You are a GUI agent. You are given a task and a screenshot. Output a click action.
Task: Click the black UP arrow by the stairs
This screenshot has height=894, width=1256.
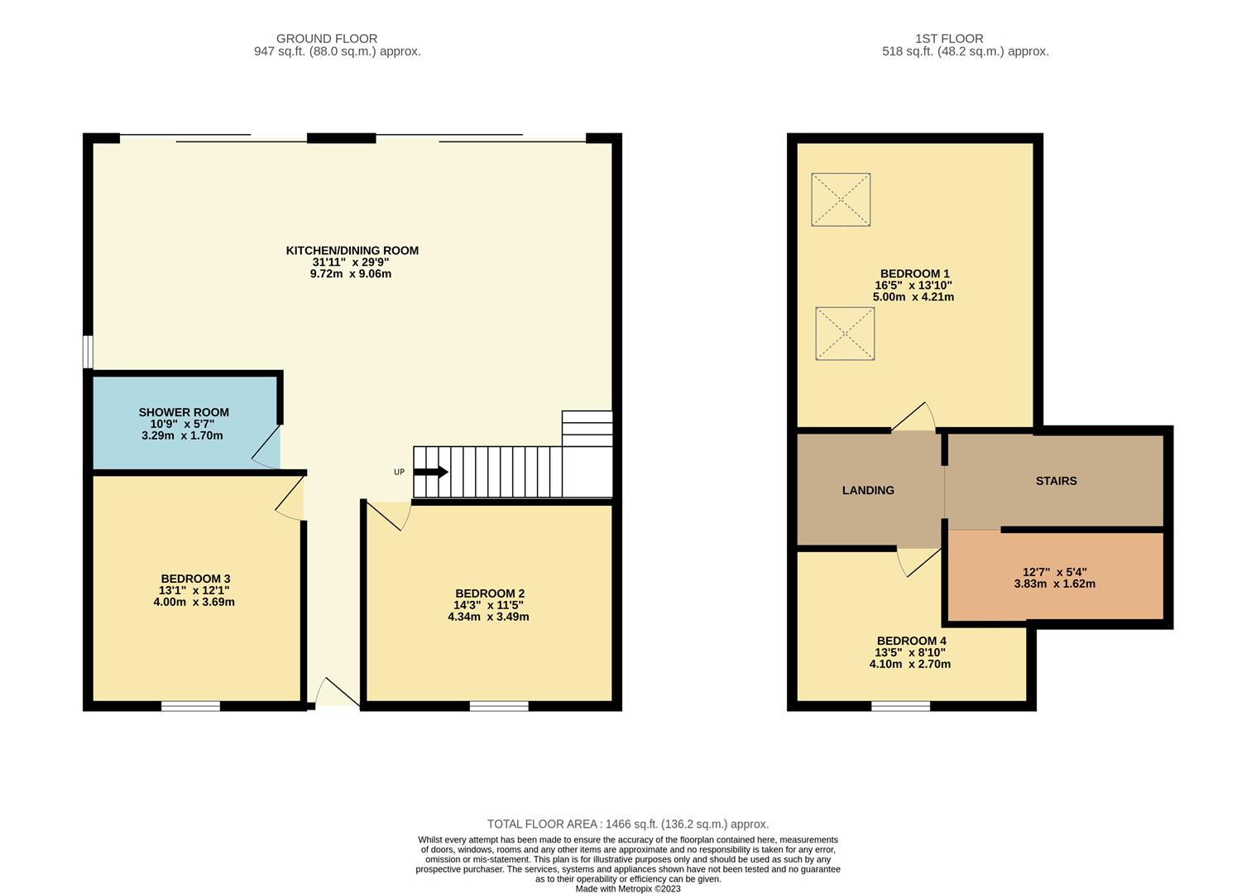pyautogui.click(x=431, y=472)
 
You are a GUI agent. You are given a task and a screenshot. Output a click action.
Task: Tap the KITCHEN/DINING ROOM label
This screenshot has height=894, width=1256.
pyautogui.click(x=352, y=251)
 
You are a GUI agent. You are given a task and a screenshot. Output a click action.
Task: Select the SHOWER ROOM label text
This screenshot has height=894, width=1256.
pyautogui.click(x=184, y=412)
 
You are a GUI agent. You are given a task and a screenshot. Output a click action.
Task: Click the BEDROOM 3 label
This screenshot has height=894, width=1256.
pyautogui.click(x=195, y=579)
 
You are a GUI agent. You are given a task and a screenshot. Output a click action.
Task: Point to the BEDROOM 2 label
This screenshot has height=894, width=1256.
pyautogui.click(x=490, y=594)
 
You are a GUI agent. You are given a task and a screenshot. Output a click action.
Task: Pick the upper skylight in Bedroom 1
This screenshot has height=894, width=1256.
pyautogui.click(x=841, y=199)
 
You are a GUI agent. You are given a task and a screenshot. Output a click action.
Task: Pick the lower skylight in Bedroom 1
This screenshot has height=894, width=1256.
pyautogui.click(x=845, y=334)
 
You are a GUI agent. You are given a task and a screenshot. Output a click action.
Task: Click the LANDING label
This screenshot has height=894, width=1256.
pyautogui.click(x=868, y=490)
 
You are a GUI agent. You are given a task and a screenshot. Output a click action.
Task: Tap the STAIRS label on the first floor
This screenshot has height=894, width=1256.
pyautogui.click(x=1056, y=481)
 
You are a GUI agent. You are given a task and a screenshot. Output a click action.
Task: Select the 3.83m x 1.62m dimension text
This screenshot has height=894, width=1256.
pyautogui.click(x=1054, y=584)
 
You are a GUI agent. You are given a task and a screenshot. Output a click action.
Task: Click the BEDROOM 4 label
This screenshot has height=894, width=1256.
pyautogui.click(x=911, y=641)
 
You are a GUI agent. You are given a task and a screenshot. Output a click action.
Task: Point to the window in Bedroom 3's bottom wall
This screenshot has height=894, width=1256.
pyautogui.click(x=190, y=706)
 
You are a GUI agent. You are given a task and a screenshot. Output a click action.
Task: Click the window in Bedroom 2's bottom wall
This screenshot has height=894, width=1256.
pyautogui.click(x=499, y=706)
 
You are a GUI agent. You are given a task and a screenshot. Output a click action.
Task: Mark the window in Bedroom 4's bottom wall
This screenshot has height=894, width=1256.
pyautogui.click(x=900, y=706)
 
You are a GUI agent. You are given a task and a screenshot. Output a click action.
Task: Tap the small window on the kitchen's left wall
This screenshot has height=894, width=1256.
pyautogui.click(x=88, y=351)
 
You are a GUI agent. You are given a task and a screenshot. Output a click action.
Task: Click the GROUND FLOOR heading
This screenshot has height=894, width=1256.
pyautogui.click(x=327, y=38)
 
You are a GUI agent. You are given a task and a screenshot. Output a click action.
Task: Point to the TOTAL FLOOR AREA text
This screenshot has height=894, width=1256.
pyautogui.click(x=627, y=824)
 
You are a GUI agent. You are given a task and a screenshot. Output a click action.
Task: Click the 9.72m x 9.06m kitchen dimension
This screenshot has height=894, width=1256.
pyautogui.click(x=351, y=274)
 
